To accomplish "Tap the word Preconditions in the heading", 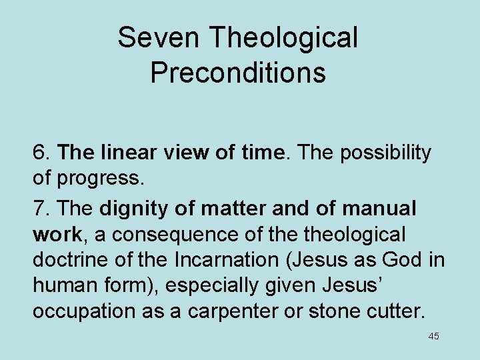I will [x=238, y=73].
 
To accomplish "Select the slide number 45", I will [x=433, y=337].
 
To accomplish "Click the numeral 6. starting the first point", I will [x=42, y=153].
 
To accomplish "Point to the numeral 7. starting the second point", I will [x=42, y=209].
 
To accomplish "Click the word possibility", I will [x=386, y=153].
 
